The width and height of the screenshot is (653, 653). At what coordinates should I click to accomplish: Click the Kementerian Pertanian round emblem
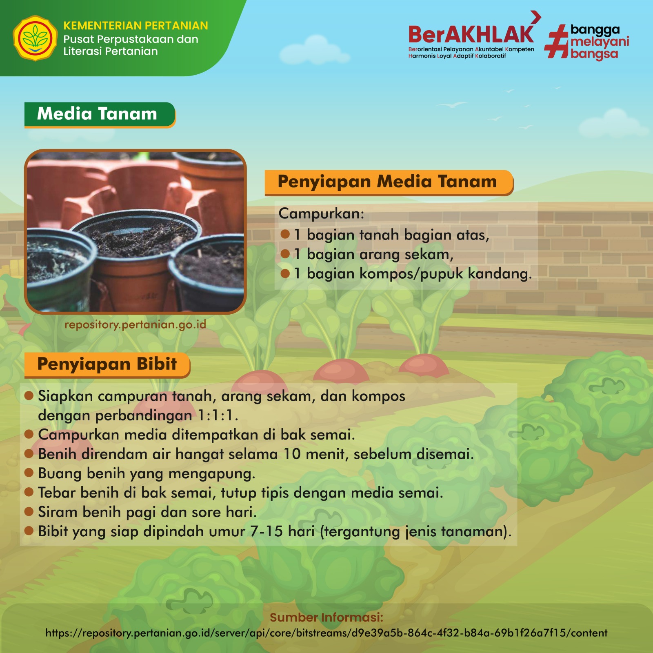point(35,38)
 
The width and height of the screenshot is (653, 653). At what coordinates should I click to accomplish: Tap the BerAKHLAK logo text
point(471,34)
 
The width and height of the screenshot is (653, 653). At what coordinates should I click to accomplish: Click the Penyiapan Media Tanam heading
point(388,182)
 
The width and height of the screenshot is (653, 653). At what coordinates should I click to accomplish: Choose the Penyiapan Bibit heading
point(107,364)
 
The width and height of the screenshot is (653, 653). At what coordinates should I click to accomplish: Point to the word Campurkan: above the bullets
point(321,213)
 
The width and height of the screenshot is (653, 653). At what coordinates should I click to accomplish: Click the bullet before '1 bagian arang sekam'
point(285,254)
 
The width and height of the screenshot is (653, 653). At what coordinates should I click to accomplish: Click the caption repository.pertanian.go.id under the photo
point(135,325)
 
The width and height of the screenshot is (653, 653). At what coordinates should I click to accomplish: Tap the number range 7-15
point(267,531)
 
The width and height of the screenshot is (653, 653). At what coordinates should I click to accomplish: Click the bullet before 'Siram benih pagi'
point(29,512)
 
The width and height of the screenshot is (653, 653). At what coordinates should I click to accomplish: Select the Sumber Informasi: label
point(326,617)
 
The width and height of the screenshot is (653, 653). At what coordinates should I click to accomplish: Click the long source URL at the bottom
point(326,633)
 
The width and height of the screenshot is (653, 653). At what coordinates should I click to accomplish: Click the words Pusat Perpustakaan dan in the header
point(131,40)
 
